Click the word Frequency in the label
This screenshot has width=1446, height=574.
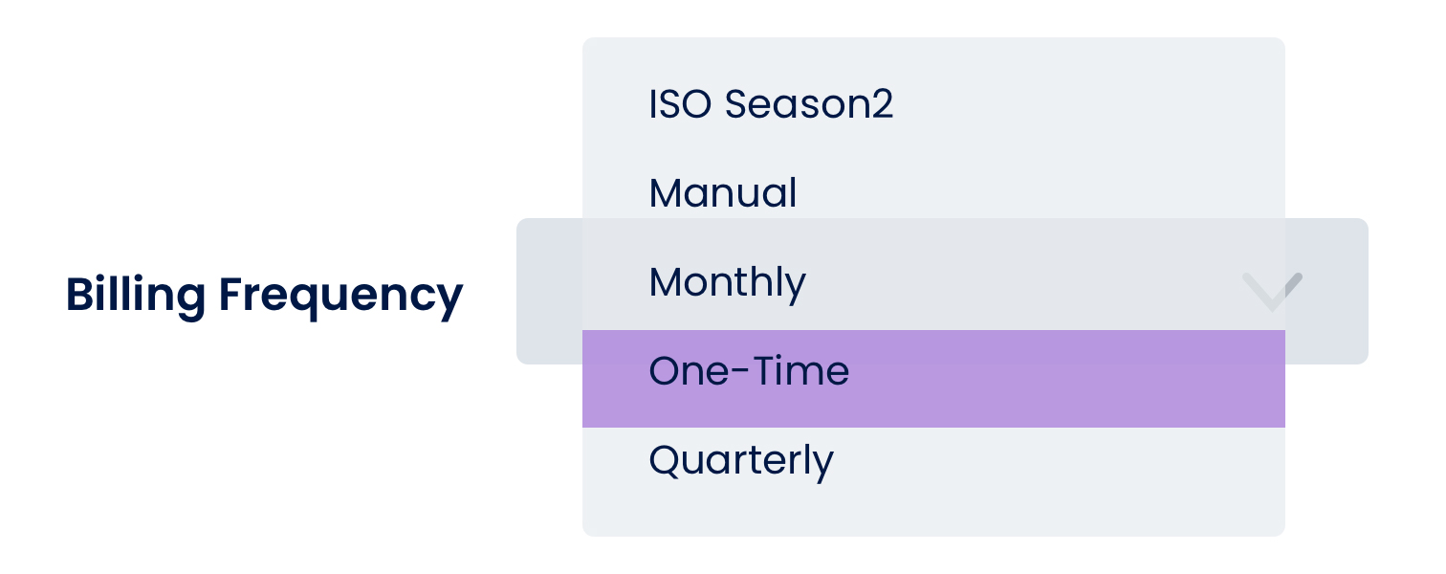[340, 297]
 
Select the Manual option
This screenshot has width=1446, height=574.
[723, 193]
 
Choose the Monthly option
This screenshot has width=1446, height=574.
[728, 284]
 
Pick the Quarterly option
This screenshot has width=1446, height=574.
[741, 462]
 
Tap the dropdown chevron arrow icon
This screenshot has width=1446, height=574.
[1272, 292]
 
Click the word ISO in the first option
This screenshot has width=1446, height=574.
[680, 104]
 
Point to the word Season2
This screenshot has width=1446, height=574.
[809, 104]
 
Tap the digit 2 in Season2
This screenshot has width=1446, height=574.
[882, 103]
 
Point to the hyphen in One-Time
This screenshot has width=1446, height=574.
[741, 372]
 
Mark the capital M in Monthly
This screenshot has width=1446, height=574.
[668, 282]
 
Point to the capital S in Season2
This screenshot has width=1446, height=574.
[737, 104]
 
